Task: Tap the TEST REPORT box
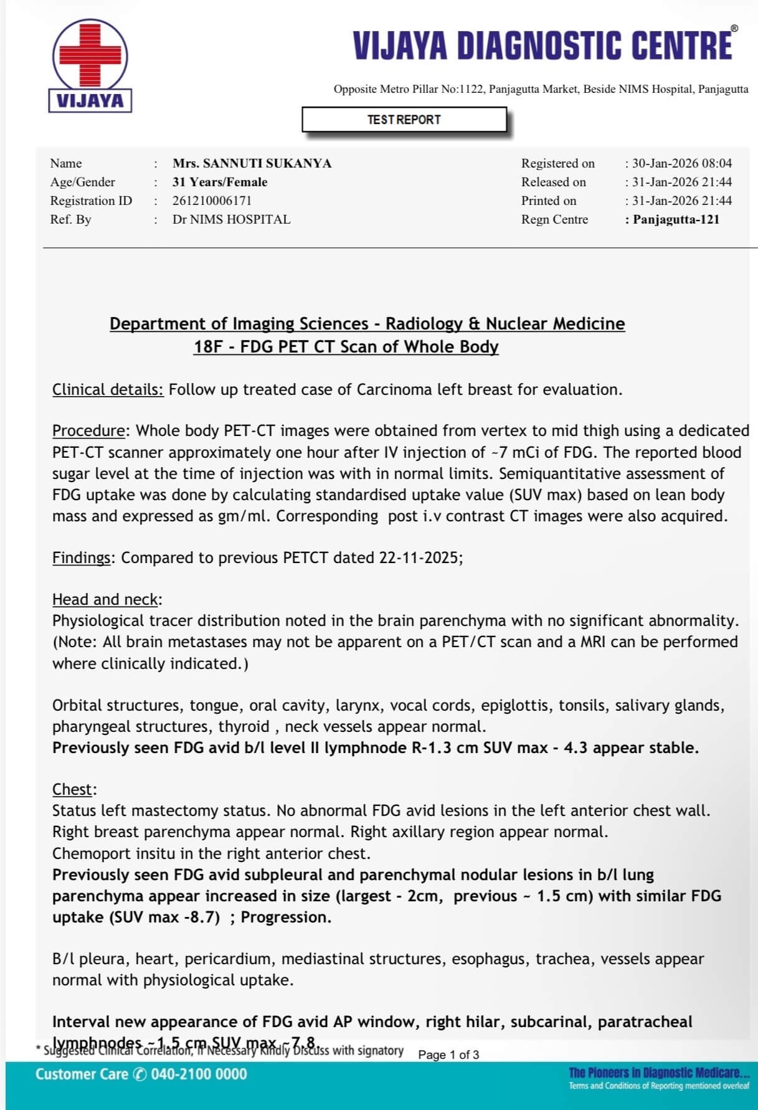click(404, 120)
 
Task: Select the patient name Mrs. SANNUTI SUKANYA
click(252, 163)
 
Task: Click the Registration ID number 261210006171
click(212, 201)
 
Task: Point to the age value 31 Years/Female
click(220, 182)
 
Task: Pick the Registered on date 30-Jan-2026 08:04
click(682, 163)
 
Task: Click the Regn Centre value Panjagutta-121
click(676, 219)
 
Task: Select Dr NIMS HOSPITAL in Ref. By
click(231, 219)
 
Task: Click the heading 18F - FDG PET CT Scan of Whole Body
click(346, 346)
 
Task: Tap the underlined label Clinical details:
click(108, 389)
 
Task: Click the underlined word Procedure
click(88, 430)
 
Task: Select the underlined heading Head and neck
click(105, 599)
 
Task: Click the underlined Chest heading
click(72, 789)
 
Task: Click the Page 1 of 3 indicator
click(448, 1055)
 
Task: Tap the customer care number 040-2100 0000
click(199, 1074)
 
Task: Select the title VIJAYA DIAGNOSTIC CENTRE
click(542, 45)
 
